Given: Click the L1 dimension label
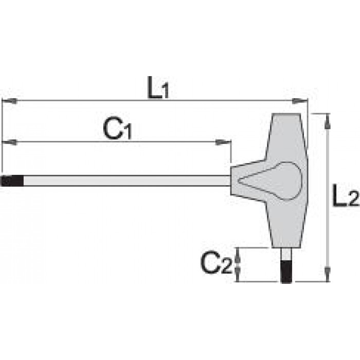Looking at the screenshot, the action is [x=158, y=87].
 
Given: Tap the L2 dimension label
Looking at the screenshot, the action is [x=346, y=195].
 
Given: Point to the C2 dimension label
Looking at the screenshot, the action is [x=217, y=262].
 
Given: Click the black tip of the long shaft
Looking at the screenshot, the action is [x=12, y=181].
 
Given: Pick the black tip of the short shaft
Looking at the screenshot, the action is [x=286, y=272].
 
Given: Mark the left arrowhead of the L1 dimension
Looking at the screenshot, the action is [x=9, y=101].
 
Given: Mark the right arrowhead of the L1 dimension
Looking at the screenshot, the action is [x=299, y=101].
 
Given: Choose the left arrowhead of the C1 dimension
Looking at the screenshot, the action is [x=9, y=142].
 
